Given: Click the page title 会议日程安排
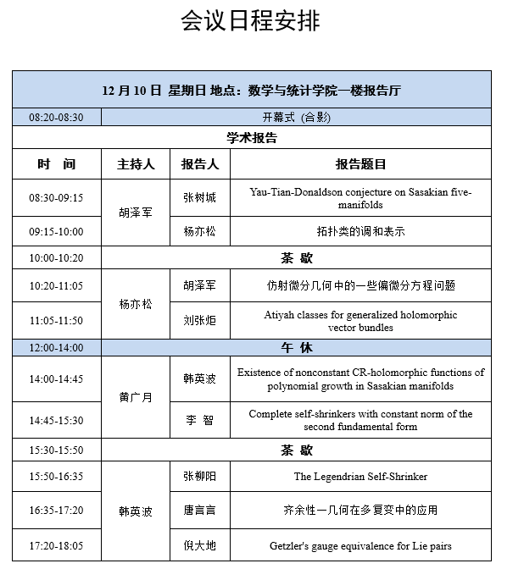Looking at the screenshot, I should tap(250, 21).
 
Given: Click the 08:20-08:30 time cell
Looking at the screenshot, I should tap(56, 118).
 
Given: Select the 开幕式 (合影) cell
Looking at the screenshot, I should tap(297, 118).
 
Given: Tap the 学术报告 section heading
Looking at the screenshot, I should tap(252, 137).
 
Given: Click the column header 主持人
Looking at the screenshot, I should tap(136, 164).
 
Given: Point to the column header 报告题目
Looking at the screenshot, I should tap(360, 164).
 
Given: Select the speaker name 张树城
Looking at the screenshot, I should tap(200, 197).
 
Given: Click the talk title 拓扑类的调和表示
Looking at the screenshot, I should tap(360, 231).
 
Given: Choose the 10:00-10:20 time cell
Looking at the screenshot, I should tap(56, 257).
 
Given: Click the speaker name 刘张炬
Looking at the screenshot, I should tap(200, 320).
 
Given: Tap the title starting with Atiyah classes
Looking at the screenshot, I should tap(360, 320).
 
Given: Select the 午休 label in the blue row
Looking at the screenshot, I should tap(297, 347).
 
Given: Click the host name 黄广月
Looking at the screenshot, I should tap(136, 396).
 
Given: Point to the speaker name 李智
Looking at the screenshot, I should tap(200, 420).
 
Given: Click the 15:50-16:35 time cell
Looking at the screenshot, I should tap(56, 477).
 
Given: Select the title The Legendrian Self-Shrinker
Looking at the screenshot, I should tap(360, 477).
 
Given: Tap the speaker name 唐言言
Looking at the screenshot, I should tap(200, 511).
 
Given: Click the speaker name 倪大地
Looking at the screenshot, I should tap(200, 546).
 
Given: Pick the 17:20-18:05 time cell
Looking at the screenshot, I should tap(56, 546).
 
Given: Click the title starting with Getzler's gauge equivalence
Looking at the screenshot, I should tap(360, 546).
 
